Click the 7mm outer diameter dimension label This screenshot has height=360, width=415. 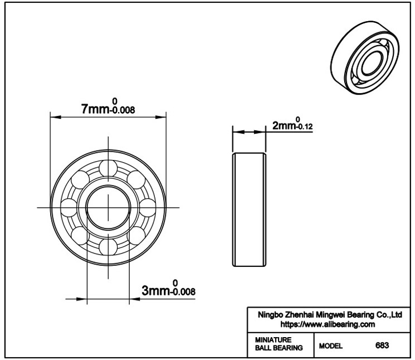click(x=108, y=106)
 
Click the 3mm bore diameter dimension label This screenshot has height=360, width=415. click(x=168, y=288)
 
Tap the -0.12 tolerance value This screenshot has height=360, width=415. click(x=304, y=127)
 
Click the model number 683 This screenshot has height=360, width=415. click(x=382, y=346)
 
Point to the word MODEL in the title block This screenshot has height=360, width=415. click(x=330, y=346)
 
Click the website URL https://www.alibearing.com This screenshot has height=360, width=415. click(x=328, y=324)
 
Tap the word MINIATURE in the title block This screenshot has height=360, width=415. click(x=273, y=339)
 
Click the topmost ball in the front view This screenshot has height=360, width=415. click(x=108, y=168)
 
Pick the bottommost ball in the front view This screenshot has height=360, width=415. click(x=108, y=247)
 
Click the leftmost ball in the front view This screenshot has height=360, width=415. click(x=69, y=207)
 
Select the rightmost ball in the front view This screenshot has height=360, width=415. click(x=147, y=207)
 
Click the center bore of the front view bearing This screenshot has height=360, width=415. click(x=108, y=207)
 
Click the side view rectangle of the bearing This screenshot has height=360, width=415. click(x=249, y=210)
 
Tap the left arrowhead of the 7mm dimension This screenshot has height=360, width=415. click(x=56, y=117)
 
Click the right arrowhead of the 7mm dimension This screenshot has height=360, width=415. click(x=160, y=117)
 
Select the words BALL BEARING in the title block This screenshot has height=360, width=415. click(x=279, y=348)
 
